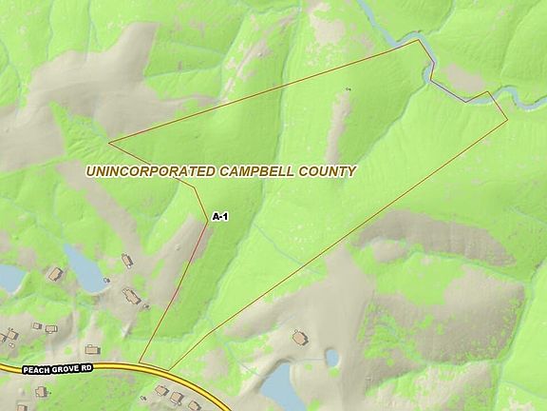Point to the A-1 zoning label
coord(219,217)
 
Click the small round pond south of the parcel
coord(332,358)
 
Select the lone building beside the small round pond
coord(301,338)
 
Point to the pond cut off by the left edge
coord(9,278)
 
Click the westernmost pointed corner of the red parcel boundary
coord(109,144)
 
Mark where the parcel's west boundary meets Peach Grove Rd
coord(141,362)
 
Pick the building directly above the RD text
coord(92,349)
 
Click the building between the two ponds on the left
coord(55,274)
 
